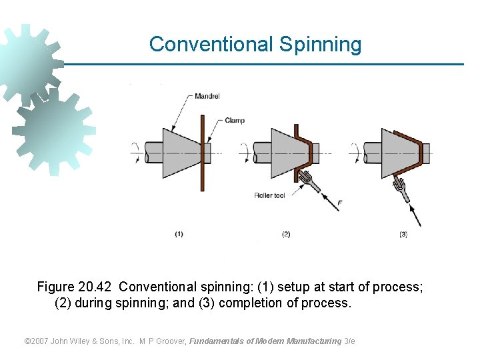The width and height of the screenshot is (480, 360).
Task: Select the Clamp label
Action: coord(235,121)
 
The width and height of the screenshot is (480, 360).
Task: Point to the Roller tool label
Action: coord(269,195)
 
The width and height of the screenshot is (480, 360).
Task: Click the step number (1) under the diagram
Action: coord(179,234)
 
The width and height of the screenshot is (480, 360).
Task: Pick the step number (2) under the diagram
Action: coord(286,234)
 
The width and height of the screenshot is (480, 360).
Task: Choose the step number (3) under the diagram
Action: coord(403,234)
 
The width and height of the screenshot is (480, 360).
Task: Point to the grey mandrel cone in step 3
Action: coord(397,153)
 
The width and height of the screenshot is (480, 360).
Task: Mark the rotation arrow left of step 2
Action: coord(246,153)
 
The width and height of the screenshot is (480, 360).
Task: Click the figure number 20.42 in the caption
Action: coord(96,287)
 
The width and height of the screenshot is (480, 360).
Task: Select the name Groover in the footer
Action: coord(169,341)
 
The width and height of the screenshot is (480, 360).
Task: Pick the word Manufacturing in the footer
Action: coord(313,341)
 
